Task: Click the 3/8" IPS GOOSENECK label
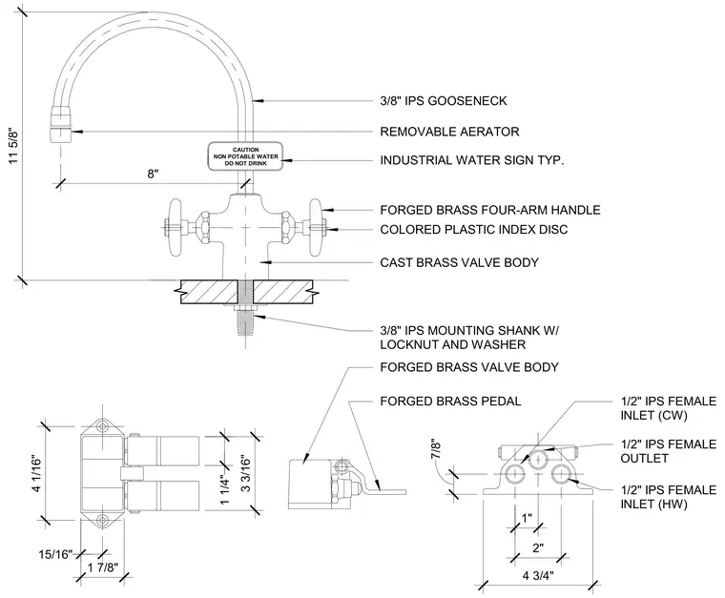(x=443, y=101)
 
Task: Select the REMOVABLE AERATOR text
(x=449, y=132)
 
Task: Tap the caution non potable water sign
(x=245, y=156)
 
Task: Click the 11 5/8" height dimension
(x=13, y=147)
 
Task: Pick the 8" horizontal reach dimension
(x=153, y=174)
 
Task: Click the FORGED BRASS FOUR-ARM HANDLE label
(x=490, y=210)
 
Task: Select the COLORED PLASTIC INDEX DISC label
(x=473, y=230)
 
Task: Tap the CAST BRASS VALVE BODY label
(x=459, y=262)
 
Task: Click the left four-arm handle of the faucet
(x=176, y=227)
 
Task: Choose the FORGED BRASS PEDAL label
(x=450, y=402)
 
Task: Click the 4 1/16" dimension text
(x=36, y=475)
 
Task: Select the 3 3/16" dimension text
(x=245, y=474)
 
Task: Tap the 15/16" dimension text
(x=55, y=553)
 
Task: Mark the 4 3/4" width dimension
(x=538, y=575)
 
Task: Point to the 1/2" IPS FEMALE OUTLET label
(x=668, y=451)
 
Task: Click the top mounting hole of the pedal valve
(x=102, y=426)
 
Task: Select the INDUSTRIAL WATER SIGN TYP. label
(x=471, y=160)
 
